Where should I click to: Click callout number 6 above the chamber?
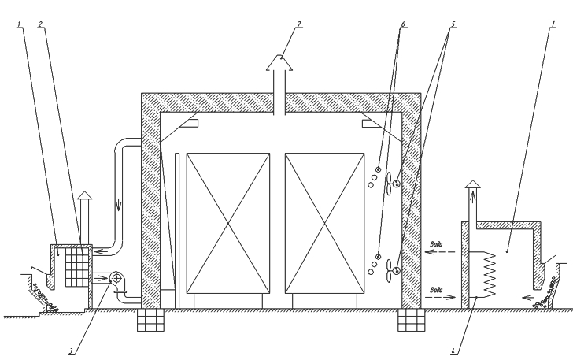tap(404, 24)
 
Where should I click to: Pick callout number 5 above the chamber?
tap(453, 24)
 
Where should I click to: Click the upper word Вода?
tap(440, 244)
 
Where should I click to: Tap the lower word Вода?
tap(440, 288)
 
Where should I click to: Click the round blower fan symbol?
tap(116, 278)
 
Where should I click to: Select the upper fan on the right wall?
tap(394, 184)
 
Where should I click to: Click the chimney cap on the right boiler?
tap(471, 184)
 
